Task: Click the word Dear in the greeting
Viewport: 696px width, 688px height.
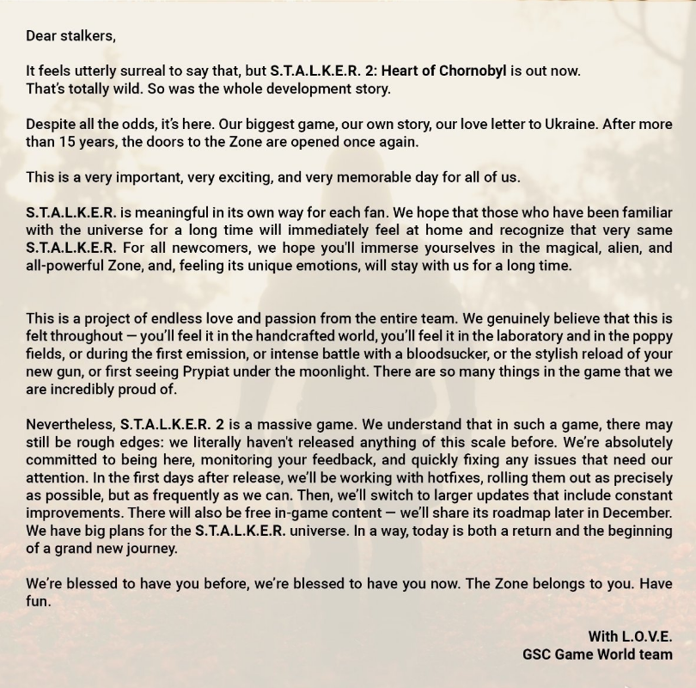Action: click(x=41, y=35)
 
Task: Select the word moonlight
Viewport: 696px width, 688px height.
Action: click(x=396, y=372)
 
